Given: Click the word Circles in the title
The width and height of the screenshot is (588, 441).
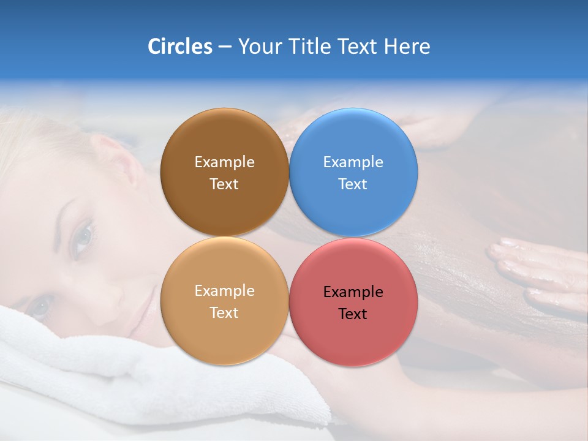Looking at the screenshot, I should click(180, 47).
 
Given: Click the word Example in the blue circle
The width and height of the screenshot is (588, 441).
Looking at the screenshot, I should click(353, 162).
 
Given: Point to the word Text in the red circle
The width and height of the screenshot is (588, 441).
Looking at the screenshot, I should click(353, 314).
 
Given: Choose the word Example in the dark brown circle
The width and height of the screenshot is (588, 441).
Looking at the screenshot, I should click(224, 162).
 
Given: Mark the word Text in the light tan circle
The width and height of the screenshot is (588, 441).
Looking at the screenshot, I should click(224, 312).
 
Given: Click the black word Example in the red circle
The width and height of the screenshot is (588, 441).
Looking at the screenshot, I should click(353, 292).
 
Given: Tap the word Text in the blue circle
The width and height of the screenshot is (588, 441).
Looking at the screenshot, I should click(353, 184).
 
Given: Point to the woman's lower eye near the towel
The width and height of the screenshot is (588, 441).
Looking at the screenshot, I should click(40, 306).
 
